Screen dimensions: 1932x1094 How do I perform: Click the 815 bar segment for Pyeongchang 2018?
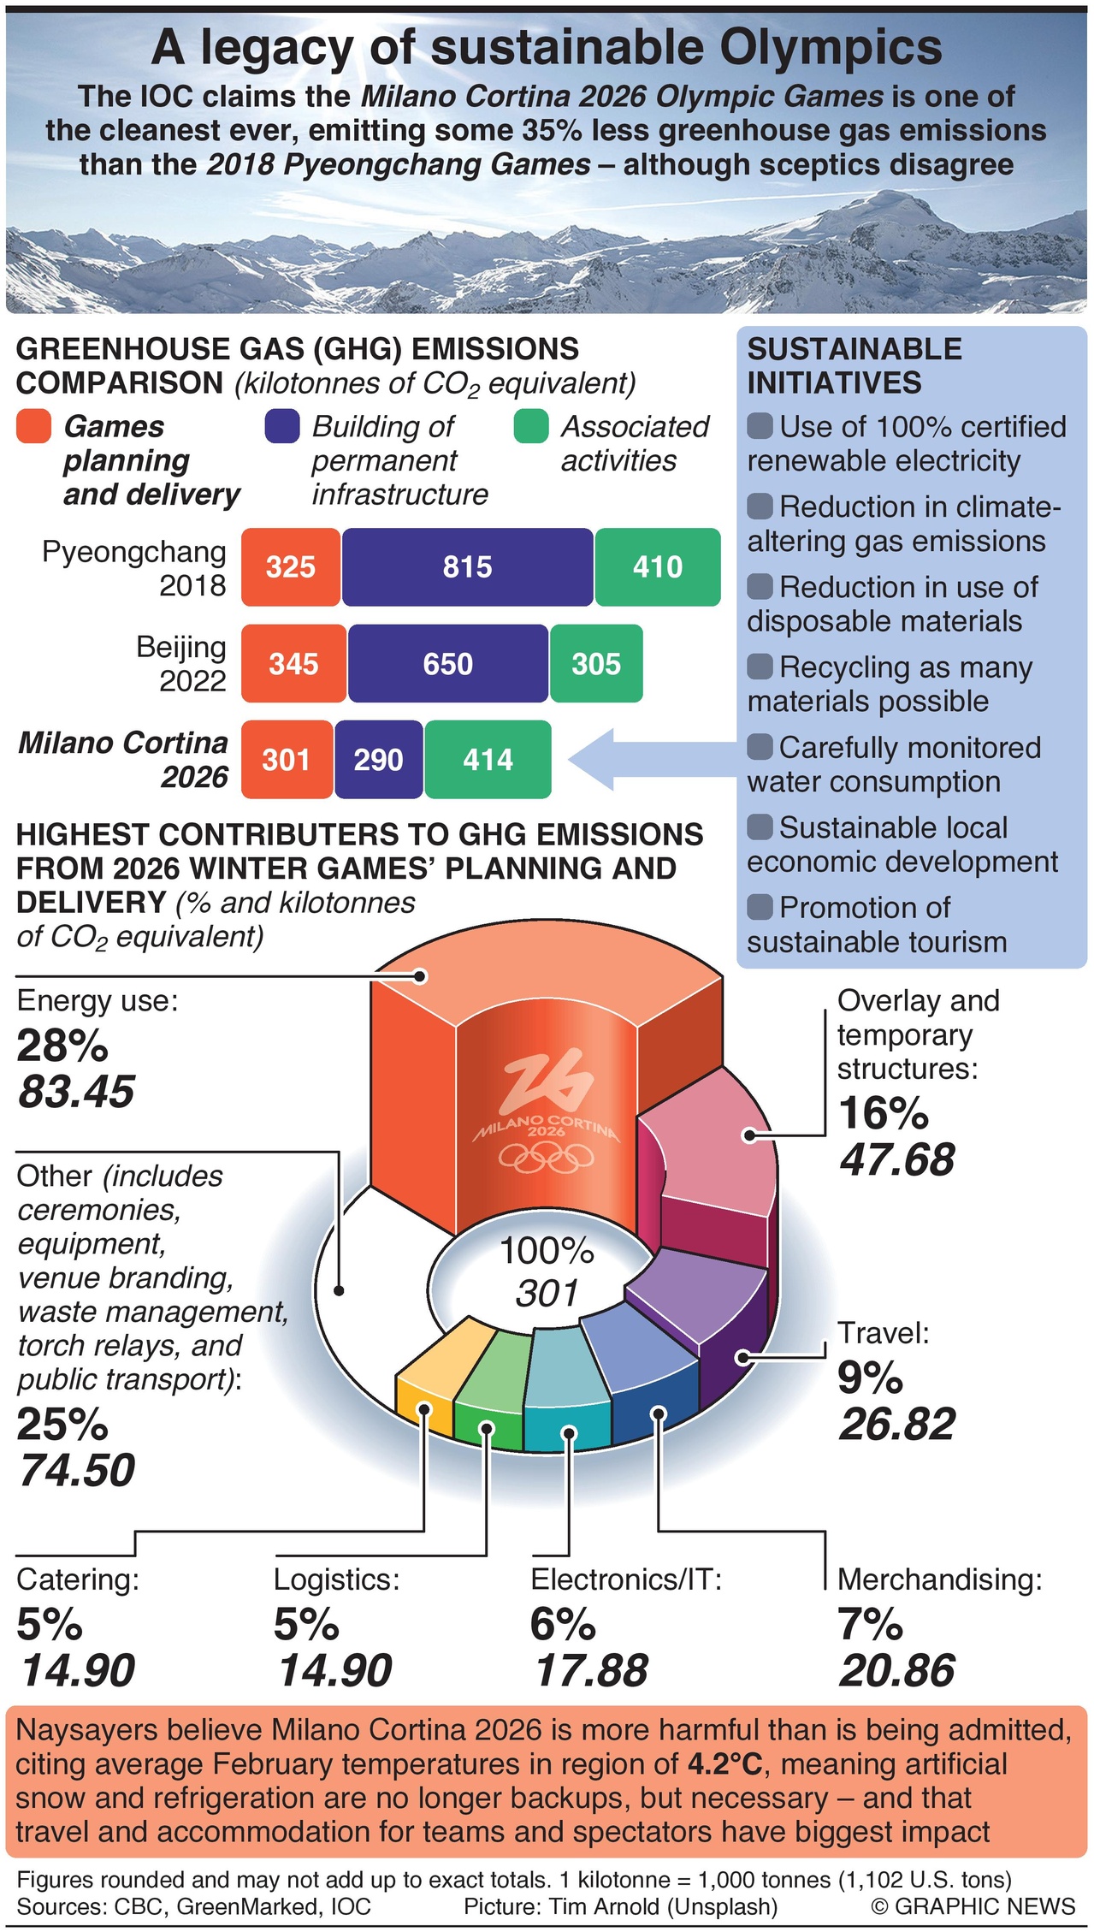click(x=467, y=567)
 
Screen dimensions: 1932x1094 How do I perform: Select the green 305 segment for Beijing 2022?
click(x=596, y=664)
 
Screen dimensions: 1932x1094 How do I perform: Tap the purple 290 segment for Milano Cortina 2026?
click(x=378, y=760)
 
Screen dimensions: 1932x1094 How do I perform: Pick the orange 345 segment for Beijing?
click(x=293, y=664)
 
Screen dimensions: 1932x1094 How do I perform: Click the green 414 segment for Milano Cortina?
click(x=488, y=760)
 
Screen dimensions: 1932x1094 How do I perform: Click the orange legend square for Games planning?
click(x=33, y=426)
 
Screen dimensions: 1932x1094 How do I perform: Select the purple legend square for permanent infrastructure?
click(x=282, y=426)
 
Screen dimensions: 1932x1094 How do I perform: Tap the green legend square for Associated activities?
click(x=530, y=426)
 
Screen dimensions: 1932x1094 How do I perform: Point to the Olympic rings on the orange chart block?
click(x=547, y=1158)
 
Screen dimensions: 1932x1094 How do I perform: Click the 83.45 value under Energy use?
click(x=77, y=1092)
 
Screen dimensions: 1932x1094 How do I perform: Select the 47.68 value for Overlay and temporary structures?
click(x=896, y=1160)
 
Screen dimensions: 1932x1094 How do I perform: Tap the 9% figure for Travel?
click(x=870, y=1378)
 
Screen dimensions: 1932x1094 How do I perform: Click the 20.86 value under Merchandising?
click(x=896, y=1671)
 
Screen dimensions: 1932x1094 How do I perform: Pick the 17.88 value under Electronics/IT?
click(x=591, y=1671)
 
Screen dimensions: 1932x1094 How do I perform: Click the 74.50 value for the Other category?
click(x=77, y=1470)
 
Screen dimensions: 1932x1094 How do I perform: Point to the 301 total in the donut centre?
click(x=547, y=1293)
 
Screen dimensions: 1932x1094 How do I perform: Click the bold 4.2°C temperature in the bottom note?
click(x=724, y=1764)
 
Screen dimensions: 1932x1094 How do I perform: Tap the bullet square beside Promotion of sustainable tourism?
click(x=760, y=906)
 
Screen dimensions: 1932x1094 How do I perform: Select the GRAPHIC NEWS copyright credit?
click(x=973, y=1906)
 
